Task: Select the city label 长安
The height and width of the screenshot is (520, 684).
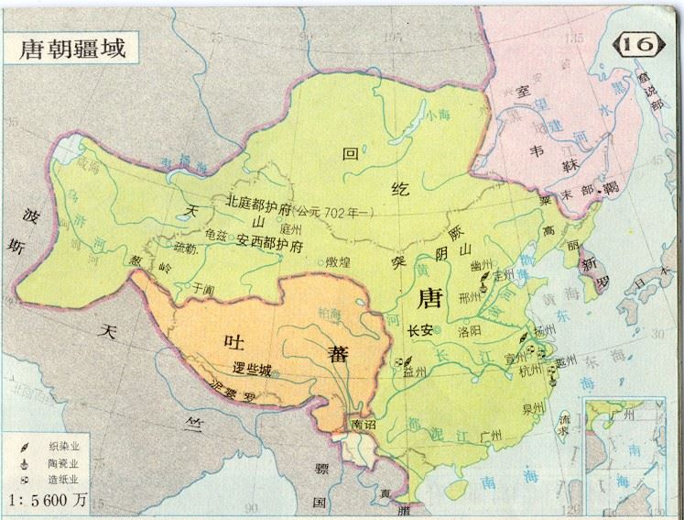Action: point(418,330)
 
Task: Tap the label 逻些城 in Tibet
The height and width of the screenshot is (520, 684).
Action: point(254,369)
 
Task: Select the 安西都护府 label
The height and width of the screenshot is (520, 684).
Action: point(269,239)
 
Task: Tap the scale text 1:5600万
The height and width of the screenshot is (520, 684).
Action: point(48,501)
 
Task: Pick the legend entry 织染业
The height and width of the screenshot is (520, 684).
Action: point(62,447)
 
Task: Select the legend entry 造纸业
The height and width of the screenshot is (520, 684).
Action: point(62,481)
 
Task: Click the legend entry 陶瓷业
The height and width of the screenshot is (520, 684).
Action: point(62,464)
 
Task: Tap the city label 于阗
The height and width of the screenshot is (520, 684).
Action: point(202,287)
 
